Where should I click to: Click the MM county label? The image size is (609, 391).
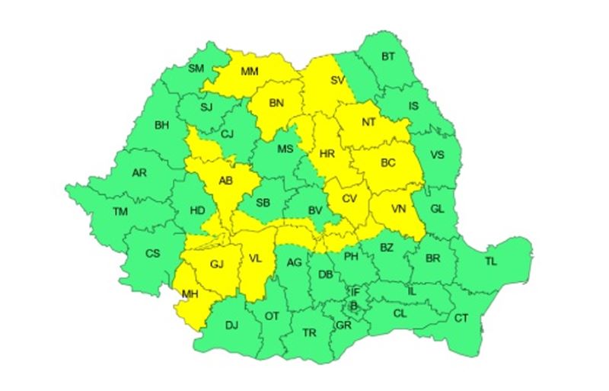(x=250, y=72)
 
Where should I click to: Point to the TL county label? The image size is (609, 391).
(x=490, y=261)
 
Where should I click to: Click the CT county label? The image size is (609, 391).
(x=461, y=317)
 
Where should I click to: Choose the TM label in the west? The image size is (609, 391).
(x=120, y=211)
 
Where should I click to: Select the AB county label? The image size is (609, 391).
(x=225, y=181)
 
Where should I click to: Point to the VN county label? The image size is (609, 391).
(x=399, y=209)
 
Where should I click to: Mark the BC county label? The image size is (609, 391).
(x=388, y=163)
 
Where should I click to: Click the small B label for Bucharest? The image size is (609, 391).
(x=352, y=306)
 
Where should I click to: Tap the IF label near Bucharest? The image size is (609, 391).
(x=355, y=292)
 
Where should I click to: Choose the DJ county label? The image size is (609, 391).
(x=231, y=325)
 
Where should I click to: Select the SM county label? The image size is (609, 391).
(x=196, y=69)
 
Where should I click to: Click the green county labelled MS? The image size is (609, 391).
(x=285, y=148)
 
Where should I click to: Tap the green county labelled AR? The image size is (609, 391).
(x=139, y=173)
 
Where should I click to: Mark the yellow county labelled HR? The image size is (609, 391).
(x=327, y=154)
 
